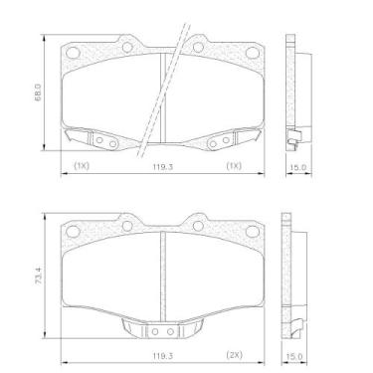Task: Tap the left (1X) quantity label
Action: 81,167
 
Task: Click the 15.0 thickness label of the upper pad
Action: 294,167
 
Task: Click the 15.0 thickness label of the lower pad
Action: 294,355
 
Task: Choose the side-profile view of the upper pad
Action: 293,94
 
